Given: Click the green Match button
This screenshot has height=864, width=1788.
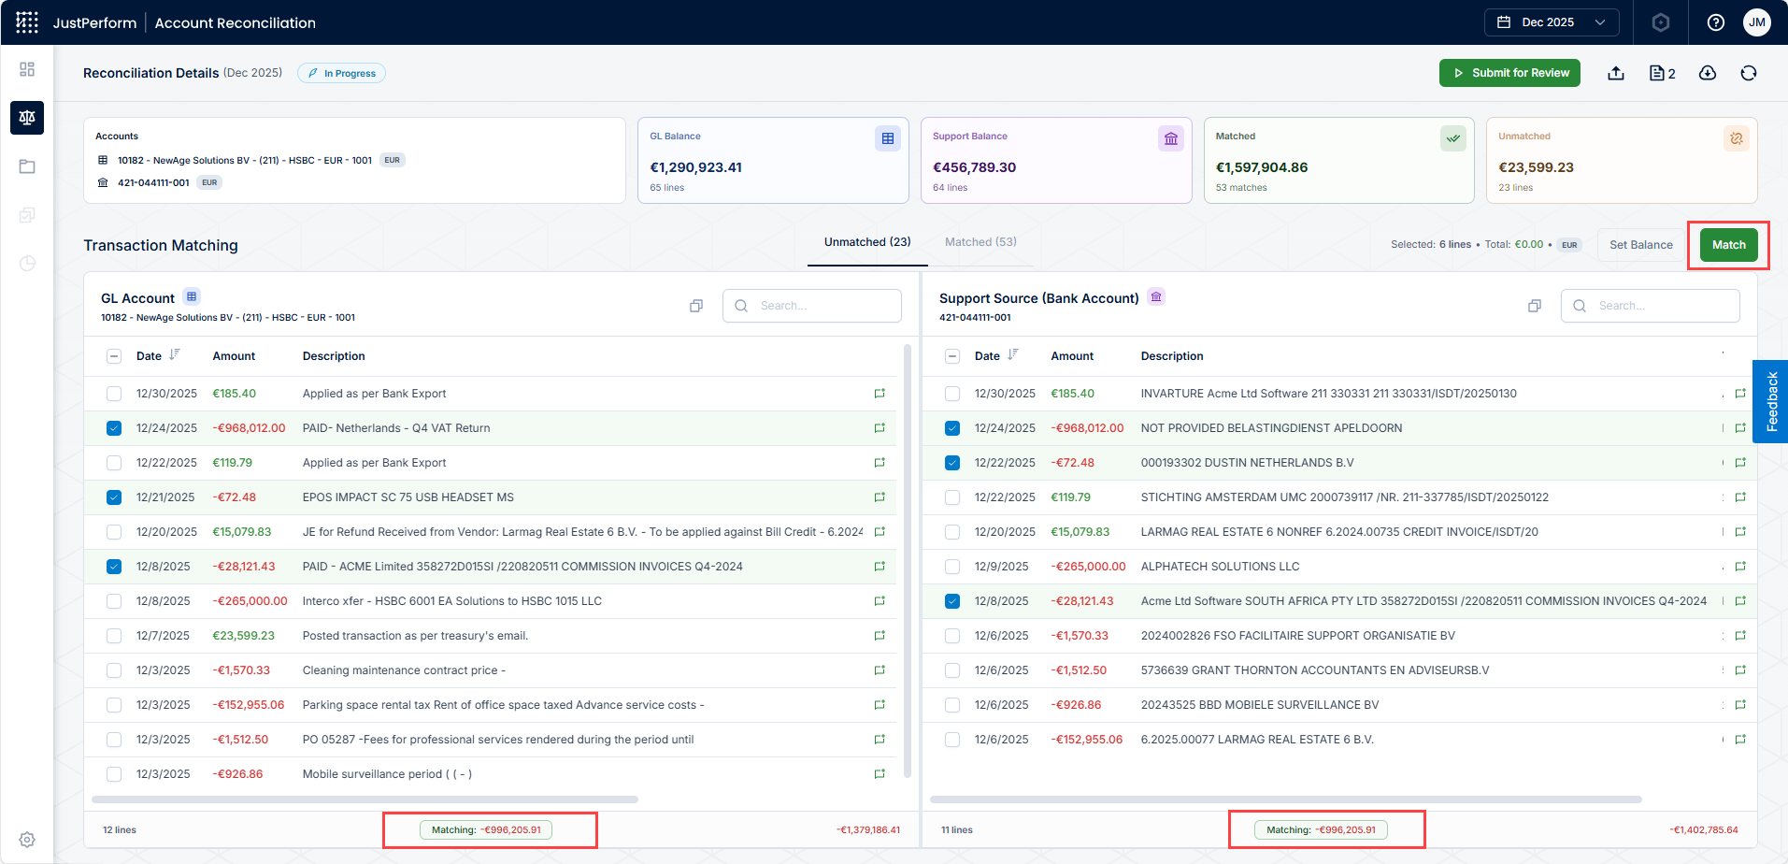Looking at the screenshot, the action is click(x=1728, y=245).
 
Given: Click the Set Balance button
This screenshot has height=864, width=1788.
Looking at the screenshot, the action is click(x=1640, y=245).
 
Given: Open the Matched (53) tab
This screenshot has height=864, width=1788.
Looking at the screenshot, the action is click(x=980, y=242).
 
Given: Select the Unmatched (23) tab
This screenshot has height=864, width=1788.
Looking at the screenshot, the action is click(x=867, y=242).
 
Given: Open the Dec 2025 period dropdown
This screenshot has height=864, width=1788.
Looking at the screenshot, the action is click(x=1552, y=22).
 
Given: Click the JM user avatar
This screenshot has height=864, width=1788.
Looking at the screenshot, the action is click(x=1757, y=22).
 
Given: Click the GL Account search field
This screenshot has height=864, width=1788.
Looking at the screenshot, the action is click(x=812, y=306).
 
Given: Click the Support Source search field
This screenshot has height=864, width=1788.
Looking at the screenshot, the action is click(x=1651, y=306).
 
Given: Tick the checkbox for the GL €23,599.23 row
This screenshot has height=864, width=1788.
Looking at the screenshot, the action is click(x=114, y=636).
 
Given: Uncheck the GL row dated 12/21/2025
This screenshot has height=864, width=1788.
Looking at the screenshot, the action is click(x=114, y=497).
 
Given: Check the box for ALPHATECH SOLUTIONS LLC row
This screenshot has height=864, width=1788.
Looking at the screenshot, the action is click(x=952, y=567).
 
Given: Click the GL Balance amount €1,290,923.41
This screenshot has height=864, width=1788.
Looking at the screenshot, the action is click(x=696, y=167).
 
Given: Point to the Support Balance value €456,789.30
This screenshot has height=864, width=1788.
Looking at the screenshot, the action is click(x=974, y=167).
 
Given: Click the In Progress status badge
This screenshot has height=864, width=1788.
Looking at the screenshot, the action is click(x=341, y=73).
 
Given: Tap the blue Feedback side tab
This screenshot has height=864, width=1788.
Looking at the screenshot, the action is click(x=1771, y=401).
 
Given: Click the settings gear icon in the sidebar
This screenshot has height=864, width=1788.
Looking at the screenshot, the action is click(x=27, y=840).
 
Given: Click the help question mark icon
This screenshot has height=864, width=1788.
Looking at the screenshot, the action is click(x=1716, y=22).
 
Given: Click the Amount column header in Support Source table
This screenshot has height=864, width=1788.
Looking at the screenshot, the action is click(x=1072, y=356).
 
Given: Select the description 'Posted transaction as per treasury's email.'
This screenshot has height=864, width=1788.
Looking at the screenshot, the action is click(x=415, y=636).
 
